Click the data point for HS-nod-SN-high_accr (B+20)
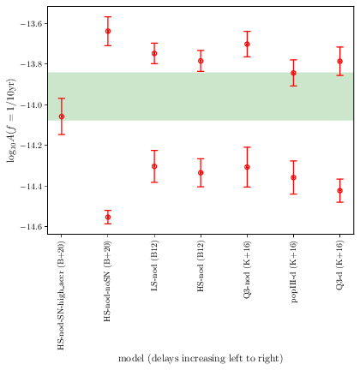point(61,116)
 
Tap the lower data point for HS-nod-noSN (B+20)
point(108,218)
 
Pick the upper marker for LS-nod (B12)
point(154,53)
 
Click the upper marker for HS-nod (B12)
point(201,61)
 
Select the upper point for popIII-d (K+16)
point(293,73)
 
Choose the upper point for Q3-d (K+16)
point(339,61)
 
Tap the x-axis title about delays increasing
point(200,358)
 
